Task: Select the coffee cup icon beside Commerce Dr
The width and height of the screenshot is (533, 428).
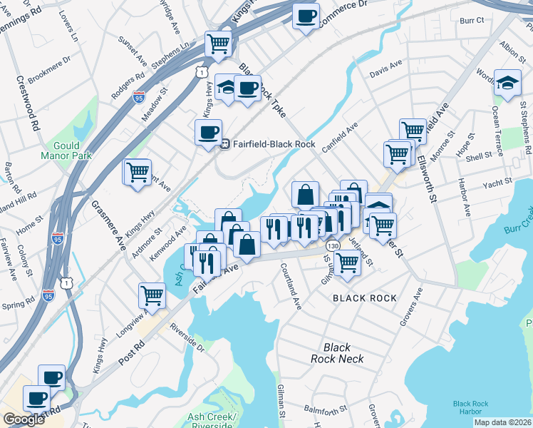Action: [306, 16]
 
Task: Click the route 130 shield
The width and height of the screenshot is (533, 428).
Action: [333, 245]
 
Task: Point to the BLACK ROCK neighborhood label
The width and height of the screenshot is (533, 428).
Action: [360, 298]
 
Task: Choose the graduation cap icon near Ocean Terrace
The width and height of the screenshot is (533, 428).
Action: [507, 83]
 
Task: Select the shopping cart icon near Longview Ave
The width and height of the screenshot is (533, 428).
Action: [152, 294]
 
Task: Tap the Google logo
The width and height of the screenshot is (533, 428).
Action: [24, 419]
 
